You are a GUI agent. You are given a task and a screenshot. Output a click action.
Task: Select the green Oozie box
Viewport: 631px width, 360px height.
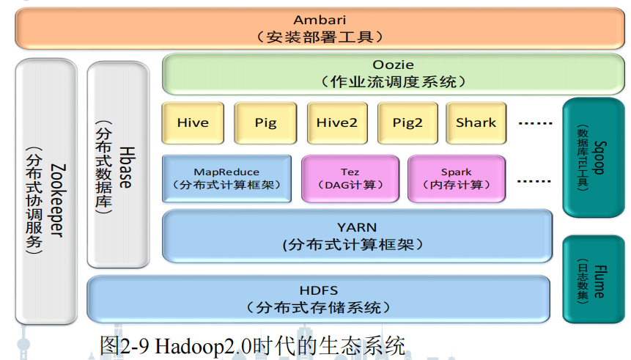click(x=357, y=73)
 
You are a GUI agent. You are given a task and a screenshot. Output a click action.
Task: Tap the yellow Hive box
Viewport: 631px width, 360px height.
click(x=193, y=123)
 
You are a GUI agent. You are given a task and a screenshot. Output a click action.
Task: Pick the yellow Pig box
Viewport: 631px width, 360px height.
click(x=265, y=123)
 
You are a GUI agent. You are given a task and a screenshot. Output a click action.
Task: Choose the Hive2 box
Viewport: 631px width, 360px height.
click(x=336, y=123)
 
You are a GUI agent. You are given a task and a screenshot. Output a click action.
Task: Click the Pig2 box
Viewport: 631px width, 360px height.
click(x=407, y=123)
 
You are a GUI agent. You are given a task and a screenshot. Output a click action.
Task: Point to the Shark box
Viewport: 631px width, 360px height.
click(x=476, y=123)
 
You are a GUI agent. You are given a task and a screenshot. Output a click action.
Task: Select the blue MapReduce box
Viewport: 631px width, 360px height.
click(x=226, y=178)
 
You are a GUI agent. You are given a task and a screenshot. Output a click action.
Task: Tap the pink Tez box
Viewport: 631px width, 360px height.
click(x=350, y=178)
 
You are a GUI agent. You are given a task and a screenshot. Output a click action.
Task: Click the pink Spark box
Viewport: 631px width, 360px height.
click(x=456, y=178)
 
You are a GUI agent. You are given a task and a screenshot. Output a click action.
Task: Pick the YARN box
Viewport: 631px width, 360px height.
click(x=357, y=235)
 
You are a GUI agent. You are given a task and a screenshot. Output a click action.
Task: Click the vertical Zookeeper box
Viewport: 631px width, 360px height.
click(x=45, y=191)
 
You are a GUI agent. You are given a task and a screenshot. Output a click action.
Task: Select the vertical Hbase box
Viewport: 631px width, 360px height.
click(x=117, y=164)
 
